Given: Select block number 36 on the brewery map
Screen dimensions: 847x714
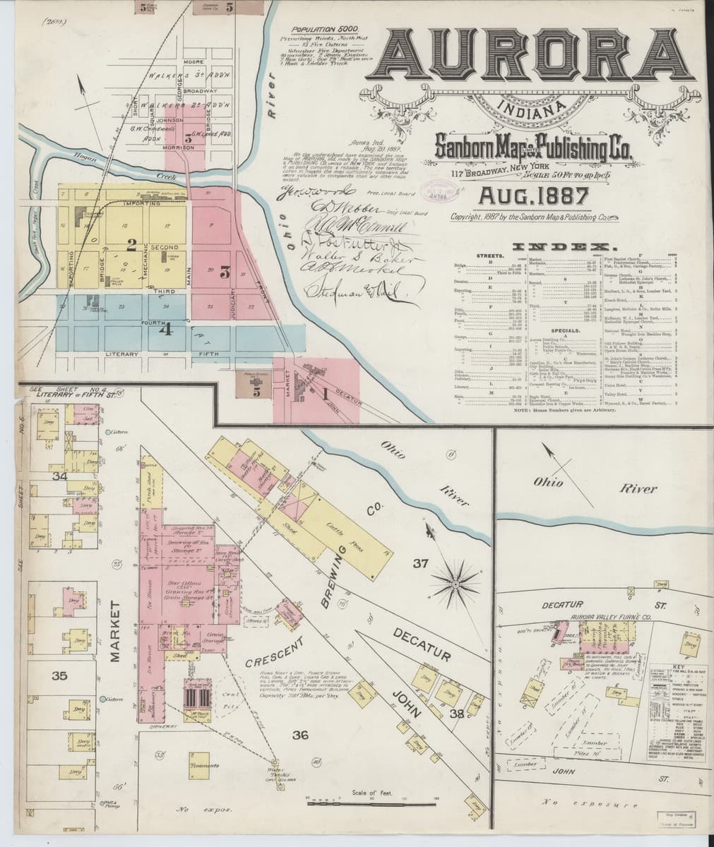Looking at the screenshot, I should [x=301, y=735].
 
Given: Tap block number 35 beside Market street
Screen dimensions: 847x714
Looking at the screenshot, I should [x=59, y=675].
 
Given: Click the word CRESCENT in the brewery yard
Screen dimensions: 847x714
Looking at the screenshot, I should [x=275, y=653].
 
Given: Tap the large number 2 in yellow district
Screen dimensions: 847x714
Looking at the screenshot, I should [x=131, y=246].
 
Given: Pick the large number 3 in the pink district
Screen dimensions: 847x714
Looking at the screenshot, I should [x=225, y=271].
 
